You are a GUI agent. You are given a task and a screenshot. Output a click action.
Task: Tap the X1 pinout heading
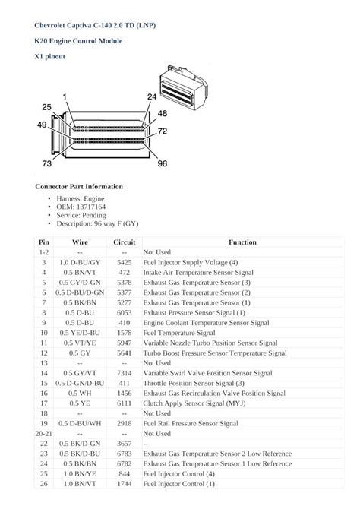(x=51, y=55)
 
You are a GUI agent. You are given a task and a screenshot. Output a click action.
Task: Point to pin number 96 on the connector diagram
(x=162, y=163)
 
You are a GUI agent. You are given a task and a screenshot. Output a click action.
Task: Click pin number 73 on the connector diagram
(x=46, y=163)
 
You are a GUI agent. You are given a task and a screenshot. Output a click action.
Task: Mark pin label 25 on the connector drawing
(x=46, y=107)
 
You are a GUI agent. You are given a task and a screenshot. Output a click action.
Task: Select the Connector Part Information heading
(x=79, y=186)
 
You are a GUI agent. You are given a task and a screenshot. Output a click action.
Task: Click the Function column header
(x=242, y=242)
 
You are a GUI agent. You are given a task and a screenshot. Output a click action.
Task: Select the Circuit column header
(x=124, y=242)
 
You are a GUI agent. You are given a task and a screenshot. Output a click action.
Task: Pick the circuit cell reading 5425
(x=124, y=262)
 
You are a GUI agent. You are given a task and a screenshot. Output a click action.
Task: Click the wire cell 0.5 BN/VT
(x=80, y=272)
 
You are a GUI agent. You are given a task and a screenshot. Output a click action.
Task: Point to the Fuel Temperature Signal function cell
(x=178, y=332)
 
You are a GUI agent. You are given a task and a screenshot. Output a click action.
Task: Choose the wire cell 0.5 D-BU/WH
(x=80, y=422)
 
